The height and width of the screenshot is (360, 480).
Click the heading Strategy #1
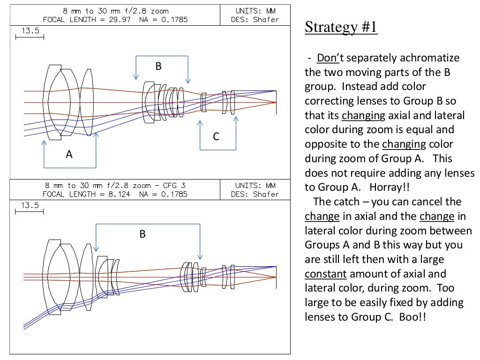coord(341,27)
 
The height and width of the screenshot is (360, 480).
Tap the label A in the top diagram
coord(69,154)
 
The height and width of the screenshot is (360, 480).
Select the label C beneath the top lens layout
coord(216,136)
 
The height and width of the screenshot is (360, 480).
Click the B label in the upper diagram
coord(158,67)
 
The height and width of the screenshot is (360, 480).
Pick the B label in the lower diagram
coord(142,233)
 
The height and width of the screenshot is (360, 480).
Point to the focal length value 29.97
coord(120,20)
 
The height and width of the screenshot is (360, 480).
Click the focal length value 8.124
coord(120,194)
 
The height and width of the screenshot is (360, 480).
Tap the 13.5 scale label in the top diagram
coord(29,31)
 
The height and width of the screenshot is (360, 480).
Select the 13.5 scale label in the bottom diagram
coord(29,205)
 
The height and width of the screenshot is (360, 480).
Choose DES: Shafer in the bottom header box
coord(255,194)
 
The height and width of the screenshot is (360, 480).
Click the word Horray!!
coord(390,187)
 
